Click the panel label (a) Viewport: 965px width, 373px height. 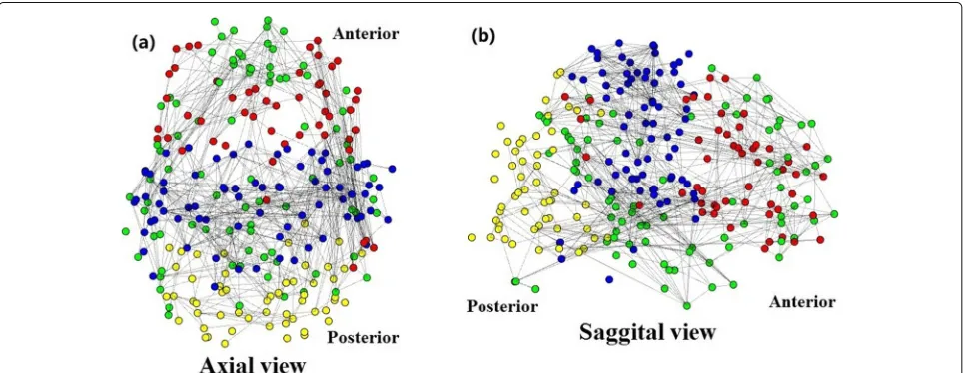(144, 42)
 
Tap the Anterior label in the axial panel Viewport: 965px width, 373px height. (366, 33)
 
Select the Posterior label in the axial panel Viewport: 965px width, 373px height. (363, 337)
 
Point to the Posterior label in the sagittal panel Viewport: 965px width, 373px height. (502, 306)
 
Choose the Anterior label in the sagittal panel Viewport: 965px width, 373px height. (802, 302)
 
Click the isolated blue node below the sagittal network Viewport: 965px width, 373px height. (609, 279)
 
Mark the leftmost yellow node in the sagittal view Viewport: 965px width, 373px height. (472, 237)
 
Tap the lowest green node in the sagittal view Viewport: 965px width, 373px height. (687, 305)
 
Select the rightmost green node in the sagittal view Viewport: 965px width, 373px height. (834, 213)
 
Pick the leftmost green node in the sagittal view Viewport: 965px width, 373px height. (515, 281)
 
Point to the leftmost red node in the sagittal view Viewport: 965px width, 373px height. (565, 97)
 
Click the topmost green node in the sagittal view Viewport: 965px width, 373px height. (711, 68)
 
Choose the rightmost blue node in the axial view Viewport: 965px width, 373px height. (392, 169)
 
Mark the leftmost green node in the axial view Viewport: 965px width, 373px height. (126, 231)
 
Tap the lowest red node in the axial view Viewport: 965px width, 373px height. (354, 268)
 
